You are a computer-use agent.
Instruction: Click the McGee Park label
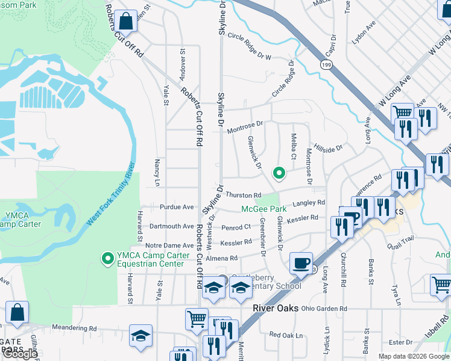263,209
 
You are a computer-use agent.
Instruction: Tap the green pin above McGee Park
279,173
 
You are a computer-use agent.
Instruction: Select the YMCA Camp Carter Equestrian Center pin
108,259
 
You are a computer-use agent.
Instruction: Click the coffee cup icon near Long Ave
301,263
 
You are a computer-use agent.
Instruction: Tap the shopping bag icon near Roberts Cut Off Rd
127,22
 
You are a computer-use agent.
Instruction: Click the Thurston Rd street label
244,196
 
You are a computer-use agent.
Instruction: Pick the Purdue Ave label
177,207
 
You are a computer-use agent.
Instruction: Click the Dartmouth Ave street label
172,226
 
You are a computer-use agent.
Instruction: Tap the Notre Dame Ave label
169,245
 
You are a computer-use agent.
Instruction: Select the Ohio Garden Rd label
324,309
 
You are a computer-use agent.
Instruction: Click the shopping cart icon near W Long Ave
402,113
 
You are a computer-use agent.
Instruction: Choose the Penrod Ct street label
236,227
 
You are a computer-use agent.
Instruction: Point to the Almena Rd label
222,258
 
